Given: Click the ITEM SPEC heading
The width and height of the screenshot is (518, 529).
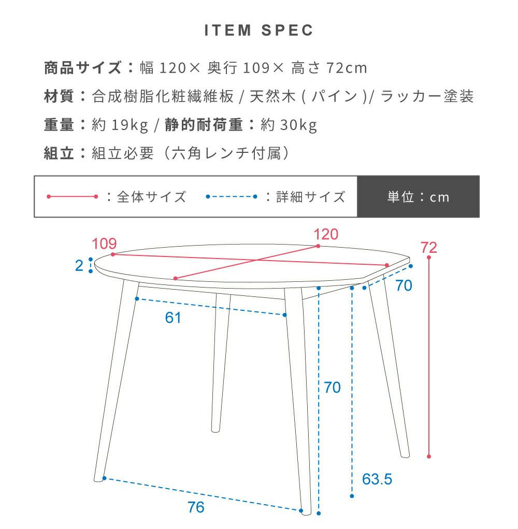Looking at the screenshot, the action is pyautogui.click(x=258, y=31).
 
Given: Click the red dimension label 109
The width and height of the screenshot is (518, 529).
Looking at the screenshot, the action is pyautogui.click(x=104, y=244).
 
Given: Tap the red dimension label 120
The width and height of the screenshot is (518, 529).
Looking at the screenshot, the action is pyautogui.click(x=326, y=234).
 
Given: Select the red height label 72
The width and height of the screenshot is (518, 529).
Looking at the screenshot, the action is pyautogui.click(x=428, y=248).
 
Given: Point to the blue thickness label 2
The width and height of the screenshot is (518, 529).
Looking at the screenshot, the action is pyautogui.click(x=79, y=266).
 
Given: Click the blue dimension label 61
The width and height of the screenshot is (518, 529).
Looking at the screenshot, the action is pyautogui.click(x=172, y=318).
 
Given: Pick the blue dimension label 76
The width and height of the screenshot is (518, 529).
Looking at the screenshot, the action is pyautogui.click(x=196, y=507).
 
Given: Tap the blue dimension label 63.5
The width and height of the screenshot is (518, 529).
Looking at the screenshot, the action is pyautogui.click(x=377, y=479).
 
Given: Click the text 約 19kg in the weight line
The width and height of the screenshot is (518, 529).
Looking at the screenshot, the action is pyautogui.click(x=120, y=125).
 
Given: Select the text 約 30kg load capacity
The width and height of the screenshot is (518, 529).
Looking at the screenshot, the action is pyautogui.click(x=289, y=125).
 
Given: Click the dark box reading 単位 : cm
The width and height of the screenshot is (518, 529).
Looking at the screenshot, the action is pyautogui.click(x=418, y=197).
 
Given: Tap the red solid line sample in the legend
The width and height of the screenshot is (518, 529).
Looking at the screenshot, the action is pyautogui.click(x=72, y=197).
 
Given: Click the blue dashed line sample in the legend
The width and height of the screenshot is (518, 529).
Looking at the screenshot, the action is pyautogui.click(x=232, y=197).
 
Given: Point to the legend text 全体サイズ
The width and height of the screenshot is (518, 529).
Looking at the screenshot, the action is pyautogui.click(x=152, y=197).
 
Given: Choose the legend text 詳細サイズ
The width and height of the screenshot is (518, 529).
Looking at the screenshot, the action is pyautogui.click(x=311, y=197).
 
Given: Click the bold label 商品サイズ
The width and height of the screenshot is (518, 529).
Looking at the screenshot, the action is pyautogui.click(x=83, y=68).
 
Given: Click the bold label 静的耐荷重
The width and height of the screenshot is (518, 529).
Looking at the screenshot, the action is pyautogui.click(x=204, y=125).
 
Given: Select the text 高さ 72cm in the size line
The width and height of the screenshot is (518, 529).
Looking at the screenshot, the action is pyautogui.click(x=329, y=68).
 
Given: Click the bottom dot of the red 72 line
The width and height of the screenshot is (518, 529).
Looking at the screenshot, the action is pyautogui.click(x=429, y=456).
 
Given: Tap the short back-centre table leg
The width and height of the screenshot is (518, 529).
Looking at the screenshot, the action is pyautogui.click(x=221, y=363).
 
